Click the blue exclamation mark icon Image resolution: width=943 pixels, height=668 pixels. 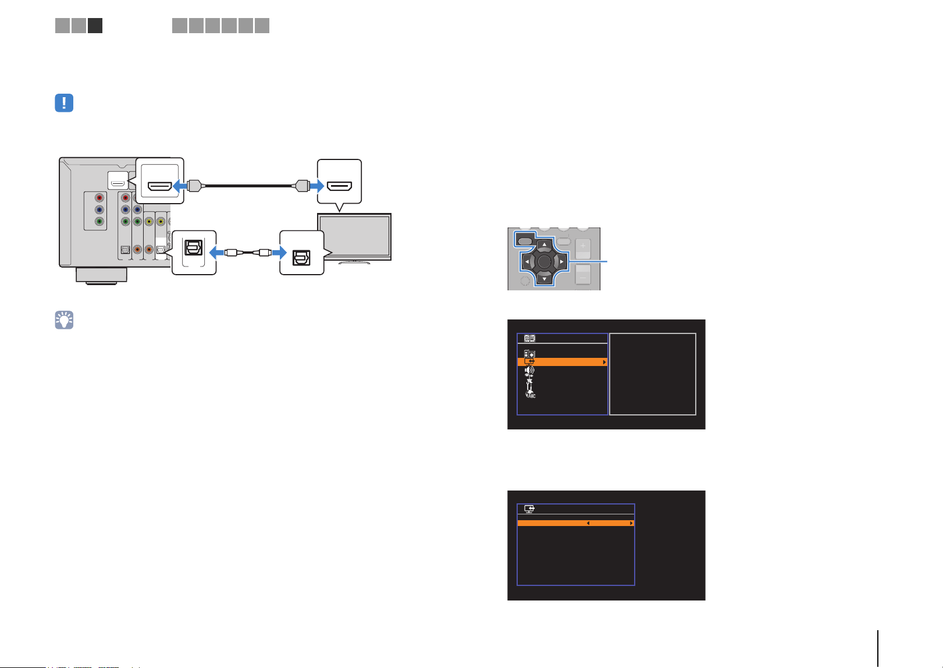coord(64,103)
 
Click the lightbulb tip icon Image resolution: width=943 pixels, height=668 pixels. coord(64,320)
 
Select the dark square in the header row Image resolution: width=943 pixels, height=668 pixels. coord(95,26)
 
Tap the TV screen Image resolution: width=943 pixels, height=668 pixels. coord(354,236)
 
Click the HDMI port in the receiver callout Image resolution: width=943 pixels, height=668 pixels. coord(159,186)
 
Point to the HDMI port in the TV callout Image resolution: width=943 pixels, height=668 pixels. coord(339,186)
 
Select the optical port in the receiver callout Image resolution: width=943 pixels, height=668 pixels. coord(194,247)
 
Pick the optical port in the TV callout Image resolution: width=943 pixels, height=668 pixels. coord(301,257)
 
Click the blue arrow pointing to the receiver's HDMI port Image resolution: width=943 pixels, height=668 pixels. coord(180,186)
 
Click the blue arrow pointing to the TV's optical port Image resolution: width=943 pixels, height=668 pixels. coord(279,253)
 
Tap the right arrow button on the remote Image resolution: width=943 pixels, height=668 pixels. coord(561,262)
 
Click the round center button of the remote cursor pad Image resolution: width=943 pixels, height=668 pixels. coord(545,262)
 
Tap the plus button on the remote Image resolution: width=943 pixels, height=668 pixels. coord(583,246)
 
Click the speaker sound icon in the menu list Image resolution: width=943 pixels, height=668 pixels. coord(529,371)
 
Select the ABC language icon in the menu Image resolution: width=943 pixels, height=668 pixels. coord(530,395)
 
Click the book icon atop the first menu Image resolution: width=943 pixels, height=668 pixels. coord(529,338)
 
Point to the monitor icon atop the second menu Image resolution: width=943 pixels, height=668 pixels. coord(529,509)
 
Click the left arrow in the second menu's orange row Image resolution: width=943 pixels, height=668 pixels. coord(588,523)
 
